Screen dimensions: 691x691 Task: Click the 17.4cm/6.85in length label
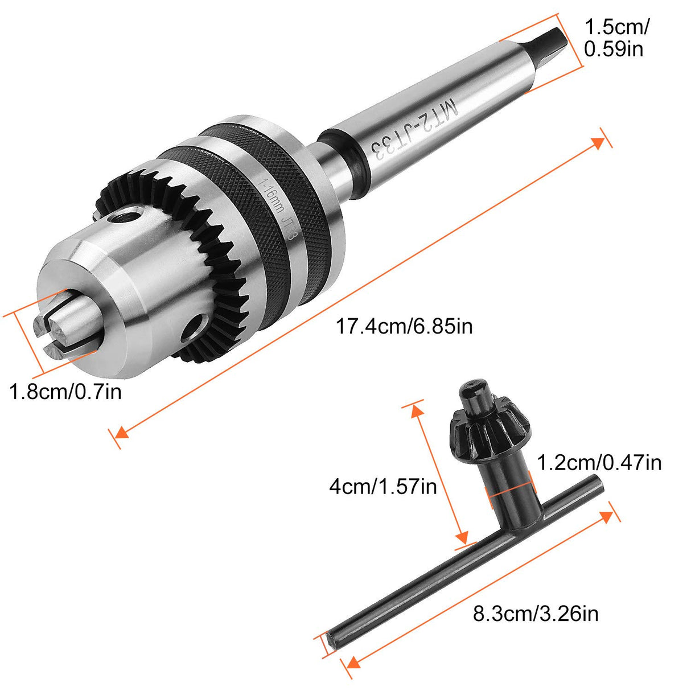(404, 326)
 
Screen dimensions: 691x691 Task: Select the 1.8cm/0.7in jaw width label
(65, 392)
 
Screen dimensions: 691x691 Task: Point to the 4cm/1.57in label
(382, 487)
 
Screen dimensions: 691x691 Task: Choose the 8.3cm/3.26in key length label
(536, 614)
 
